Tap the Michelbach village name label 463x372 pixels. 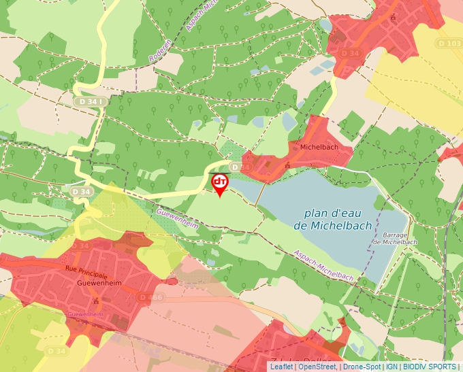tap(315, 146)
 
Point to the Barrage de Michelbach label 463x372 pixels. tap(390, 238)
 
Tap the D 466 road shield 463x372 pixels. tap(150, 297)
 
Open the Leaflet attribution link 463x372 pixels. tap(281, 367)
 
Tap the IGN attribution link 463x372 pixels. tap(392, 367)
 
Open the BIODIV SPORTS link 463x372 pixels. tap(430, 367)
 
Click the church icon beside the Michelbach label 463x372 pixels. tap(288, 164)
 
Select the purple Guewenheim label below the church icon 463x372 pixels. tap(85, 315)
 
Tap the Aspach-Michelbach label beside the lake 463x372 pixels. tap(324, 265)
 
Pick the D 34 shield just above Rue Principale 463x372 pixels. tap(82, 245)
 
